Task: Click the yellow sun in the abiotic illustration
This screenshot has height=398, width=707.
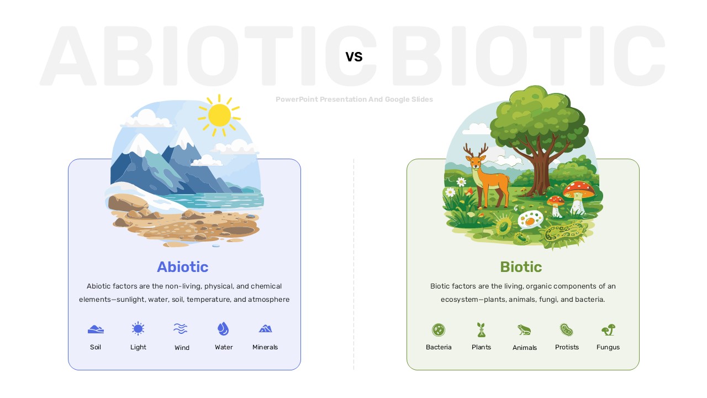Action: click(x=219, y=116)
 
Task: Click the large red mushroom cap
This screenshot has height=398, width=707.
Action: click(x=579, y=188)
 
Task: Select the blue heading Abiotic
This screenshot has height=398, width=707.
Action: click(x=183, y=267)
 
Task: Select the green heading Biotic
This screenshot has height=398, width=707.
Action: click(x=521, y=267)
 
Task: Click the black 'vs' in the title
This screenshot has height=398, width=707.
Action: click(x=354, y=57)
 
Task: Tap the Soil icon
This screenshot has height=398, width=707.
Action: click(x=96, y=329)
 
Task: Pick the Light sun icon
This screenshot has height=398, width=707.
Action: click(x=138, y=328)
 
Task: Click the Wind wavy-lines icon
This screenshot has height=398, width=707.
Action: click(x=181, y=328)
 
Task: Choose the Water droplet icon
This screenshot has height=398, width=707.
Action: click(x=223, y=328)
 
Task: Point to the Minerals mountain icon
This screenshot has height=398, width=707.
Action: click(x=265, y=328)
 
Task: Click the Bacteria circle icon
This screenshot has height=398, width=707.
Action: click(x=439, y=330)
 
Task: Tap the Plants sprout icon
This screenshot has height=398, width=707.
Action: click(x=481, y=330)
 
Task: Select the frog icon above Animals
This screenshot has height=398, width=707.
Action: click(x=524, y=330)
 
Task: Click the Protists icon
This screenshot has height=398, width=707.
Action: click(x=567, y=330)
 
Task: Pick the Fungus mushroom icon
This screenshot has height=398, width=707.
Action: click(x=609, y=330)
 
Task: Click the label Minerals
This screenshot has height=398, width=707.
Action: click(x=265, y=347)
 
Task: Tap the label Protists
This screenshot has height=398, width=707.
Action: click(x=567, y=347)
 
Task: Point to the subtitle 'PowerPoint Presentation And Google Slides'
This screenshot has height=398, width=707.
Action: click(x=354, y=99)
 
